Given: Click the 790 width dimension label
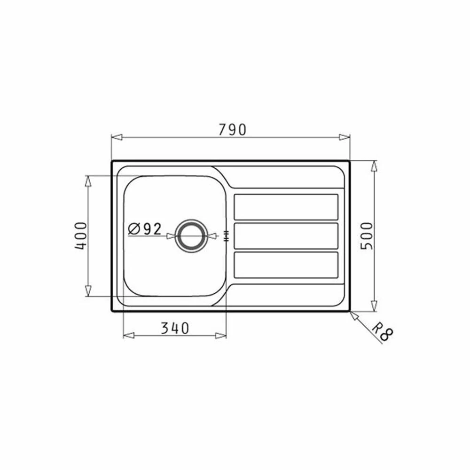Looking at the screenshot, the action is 232,130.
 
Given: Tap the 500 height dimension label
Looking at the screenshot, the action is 367,236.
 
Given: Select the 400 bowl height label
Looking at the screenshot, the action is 81,236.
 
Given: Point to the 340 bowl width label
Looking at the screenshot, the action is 175,328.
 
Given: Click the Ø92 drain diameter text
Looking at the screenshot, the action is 145,229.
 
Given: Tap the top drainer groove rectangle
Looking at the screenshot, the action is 286,207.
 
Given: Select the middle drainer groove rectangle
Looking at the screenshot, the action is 286,235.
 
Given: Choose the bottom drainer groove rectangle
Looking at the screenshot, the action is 286,265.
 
